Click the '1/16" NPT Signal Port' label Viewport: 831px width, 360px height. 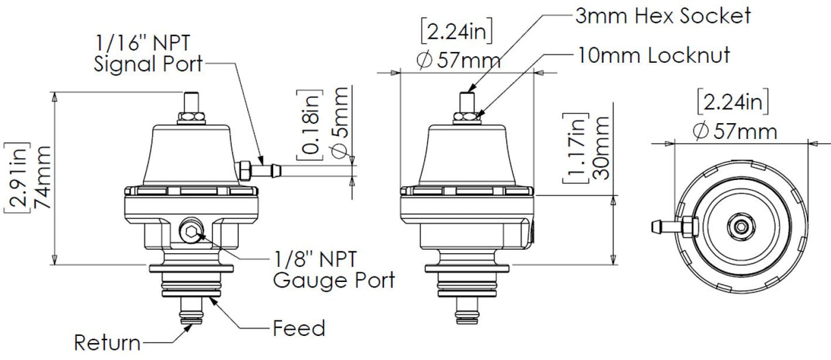[x=149, y=55]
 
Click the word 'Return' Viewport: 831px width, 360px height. [x=107, y=342]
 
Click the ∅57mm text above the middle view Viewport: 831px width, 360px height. [x=458, y=60]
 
